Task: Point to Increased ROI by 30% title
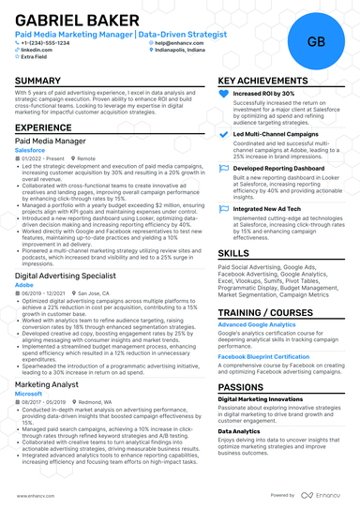coord(263,95)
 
